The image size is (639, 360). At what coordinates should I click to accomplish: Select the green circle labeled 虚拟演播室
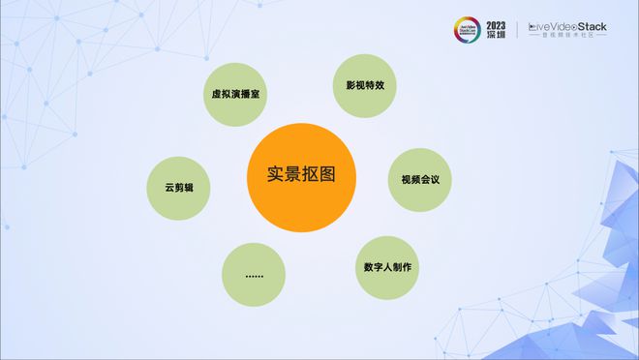[x=239, y=95]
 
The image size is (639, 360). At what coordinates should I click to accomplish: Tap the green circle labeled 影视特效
[x=365, y=85]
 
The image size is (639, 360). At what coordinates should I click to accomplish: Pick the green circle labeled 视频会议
[x=420, y=179]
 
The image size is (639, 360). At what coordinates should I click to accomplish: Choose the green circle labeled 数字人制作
[x=387, y=267]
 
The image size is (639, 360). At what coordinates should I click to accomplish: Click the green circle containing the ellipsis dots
[x=254, y=275]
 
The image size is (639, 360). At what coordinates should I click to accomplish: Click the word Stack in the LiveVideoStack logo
[x=585, y=26]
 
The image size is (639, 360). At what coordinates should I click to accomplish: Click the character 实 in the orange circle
[x=275, y=175]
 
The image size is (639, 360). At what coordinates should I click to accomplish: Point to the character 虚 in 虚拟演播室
[x=217, y=95]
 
